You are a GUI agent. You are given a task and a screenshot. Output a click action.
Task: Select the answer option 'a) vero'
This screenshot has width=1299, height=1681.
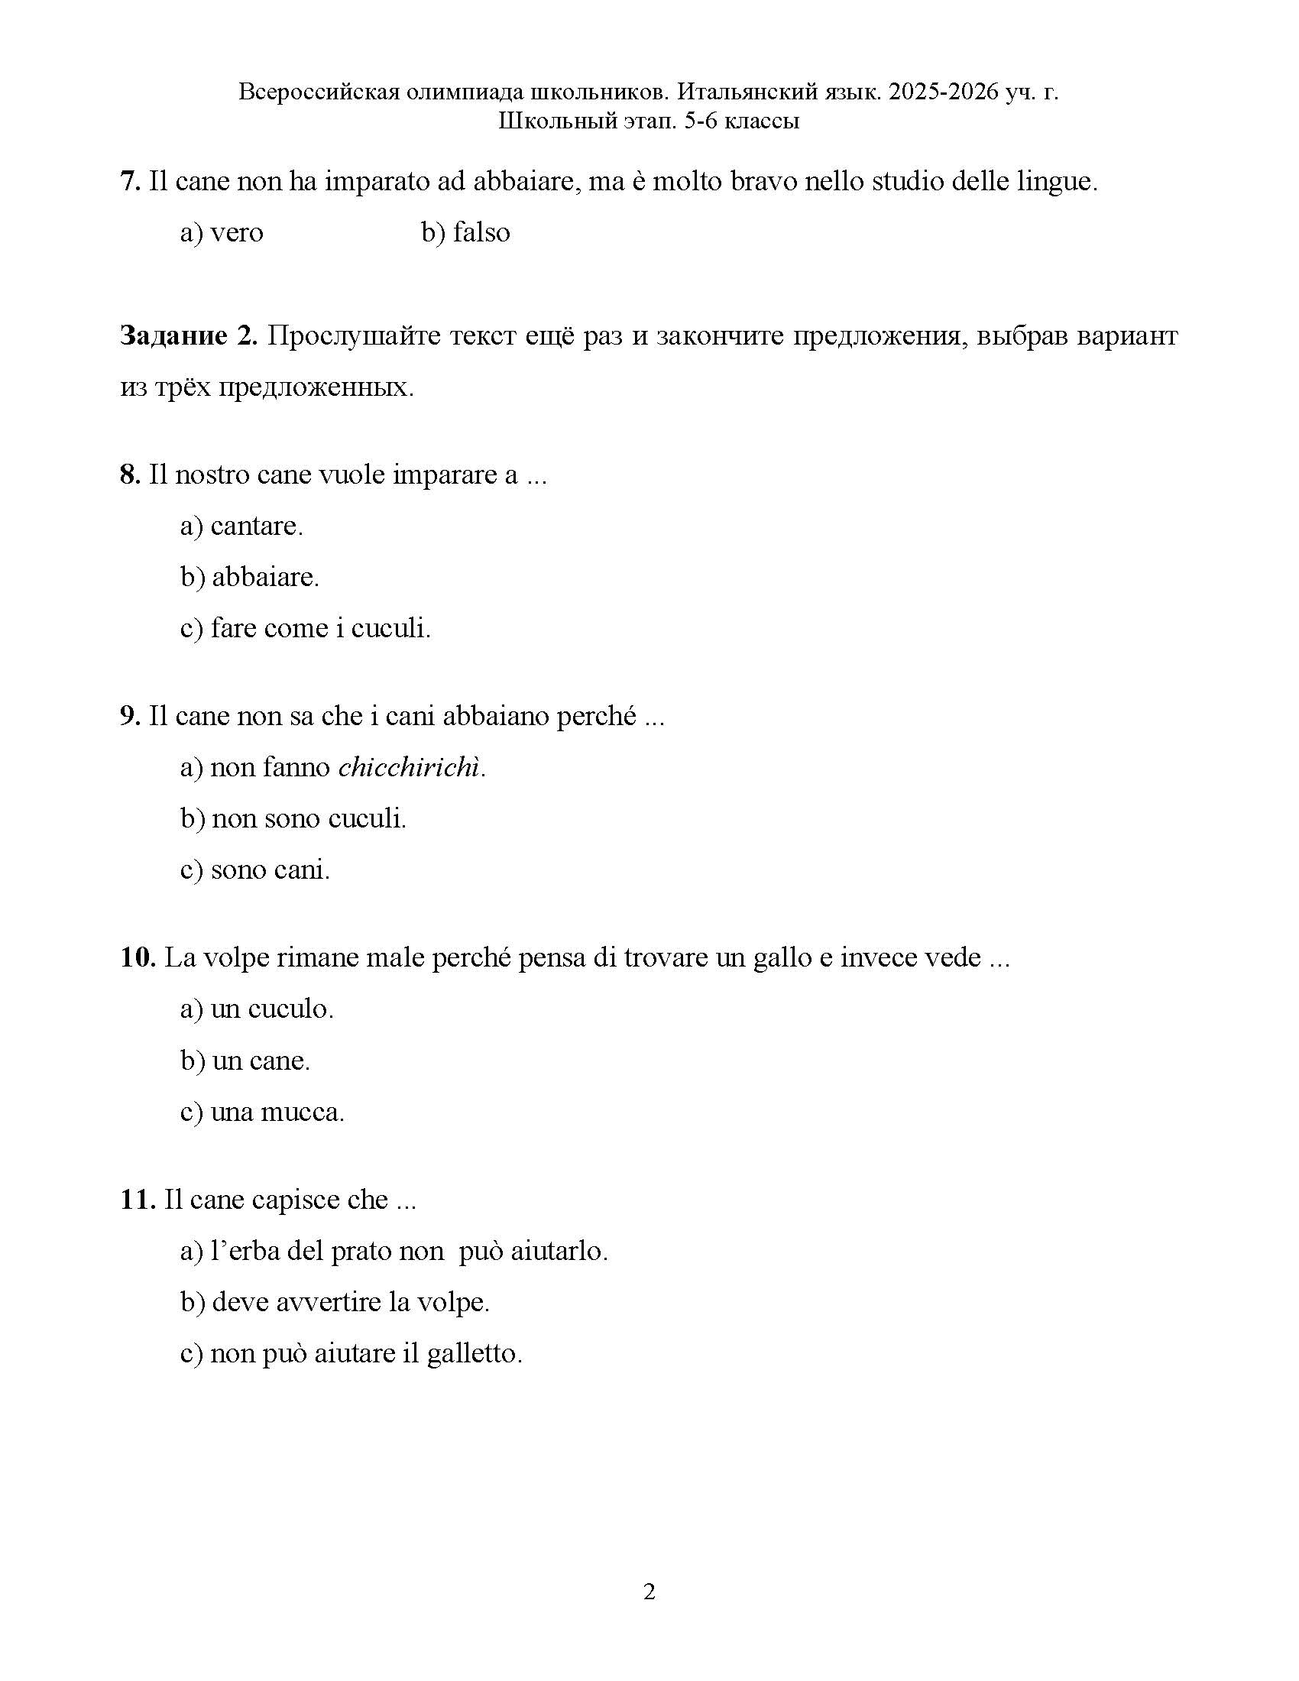click(222, 232)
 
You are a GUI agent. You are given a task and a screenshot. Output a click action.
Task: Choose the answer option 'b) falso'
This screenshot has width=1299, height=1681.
click(465, 232)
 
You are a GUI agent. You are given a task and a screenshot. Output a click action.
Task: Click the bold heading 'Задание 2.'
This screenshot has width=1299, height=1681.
click(189, 336)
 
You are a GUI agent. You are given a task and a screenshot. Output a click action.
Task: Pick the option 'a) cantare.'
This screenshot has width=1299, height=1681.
click(241, 526)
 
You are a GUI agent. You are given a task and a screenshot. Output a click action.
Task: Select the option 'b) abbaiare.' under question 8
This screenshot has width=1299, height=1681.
click(249, 576)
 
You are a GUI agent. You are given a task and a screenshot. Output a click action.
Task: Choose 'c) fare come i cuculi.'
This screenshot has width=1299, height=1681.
click(306, 628)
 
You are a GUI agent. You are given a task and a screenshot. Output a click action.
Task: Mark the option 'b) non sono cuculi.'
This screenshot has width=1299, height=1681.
click(293, 818)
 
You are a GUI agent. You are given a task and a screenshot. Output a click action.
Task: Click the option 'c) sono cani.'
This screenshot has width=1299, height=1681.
click(254, 870)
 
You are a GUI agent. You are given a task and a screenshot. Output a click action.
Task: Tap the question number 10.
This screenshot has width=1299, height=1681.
click(138, 957)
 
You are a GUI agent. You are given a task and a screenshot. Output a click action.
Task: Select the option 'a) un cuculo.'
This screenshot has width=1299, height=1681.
click(257, 1009)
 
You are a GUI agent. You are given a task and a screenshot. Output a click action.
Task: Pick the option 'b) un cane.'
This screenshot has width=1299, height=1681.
click(245, 1061)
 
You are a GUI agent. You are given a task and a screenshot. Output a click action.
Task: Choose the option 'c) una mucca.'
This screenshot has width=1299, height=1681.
click(262, 1113)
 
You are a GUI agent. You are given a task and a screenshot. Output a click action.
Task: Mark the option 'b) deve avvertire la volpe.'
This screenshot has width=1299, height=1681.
click(335, 1302)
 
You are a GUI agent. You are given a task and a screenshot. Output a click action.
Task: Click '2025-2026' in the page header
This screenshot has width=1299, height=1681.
click(943, 92)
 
